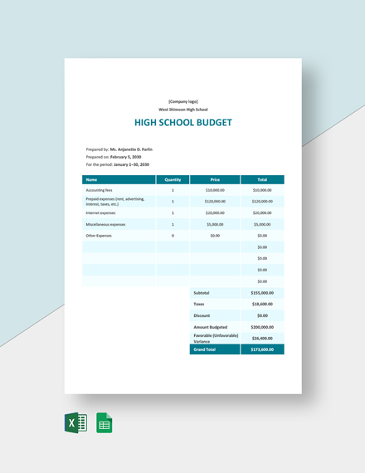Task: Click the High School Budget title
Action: click(x=182, y=123)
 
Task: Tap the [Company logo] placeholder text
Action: click(x=182, y=101)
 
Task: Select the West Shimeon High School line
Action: click(x=182, y=110)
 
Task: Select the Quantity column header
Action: click(x=173, y=179)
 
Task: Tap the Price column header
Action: click(x=215, y=179)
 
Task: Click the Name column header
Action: click(x=91, y=179)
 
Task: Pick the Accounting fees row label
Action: click(x=100, y=190)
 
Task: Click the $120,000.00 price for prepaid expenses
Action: click(x=215, y=201)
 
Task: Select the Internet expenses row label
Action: click(x=102, y=212)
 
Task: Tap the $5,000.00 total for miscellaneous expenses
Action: click(x=262, y=224)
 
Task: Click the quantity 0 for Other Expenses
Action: click(x=173, y=236)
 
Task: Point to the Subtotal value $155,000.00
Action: click(x=262, y=293)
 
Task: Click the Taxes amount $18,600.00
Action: click(x=262, y=305)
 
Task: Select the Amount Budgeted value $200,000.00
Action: click(x=262, y=327)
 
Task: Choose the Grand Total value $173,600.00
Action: click(x=262, y=349)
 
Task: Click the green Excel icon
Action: click(x=75, y=422)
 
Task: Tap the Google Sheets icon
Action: click(x=105, y=422)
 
